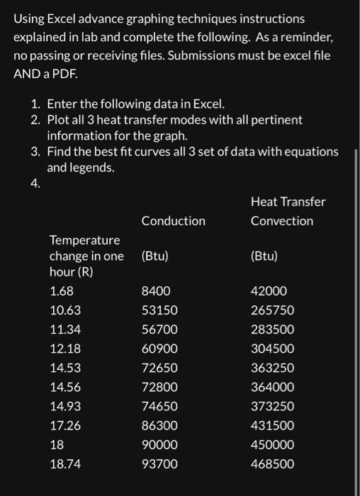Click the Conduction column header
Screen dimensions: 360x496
point(173,221)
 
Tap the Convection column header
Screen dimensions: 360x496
point(281,221)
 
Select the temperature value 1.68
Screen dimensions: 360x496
point(62,291)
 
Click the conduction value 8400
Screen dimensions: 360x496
point(155,291)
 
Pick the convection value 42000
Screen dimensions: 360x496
point(269,291)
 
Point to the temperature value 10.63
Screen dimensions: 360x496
point(64,310)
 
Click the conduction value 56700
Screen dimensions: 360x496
point(159,329)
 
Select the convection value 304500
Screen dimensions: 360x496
point(272,349)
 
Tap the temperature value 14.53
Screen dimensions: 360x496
point(64,368)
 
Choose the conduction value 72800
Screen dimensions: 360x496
point(159,388)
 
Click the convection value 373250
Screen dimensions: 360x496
point(272,407)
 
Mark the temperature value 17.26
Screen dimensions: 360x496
point(64,426)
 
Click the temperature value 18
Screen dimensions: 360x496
point(57,445)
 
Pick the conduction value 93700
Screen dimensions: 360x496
point(159,464)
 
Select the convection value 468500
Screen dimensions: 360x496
point(272,464)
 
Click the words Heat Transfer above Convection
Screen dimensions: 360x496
point(288,202)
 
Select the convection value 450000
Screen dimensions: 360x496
point(272,445)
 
